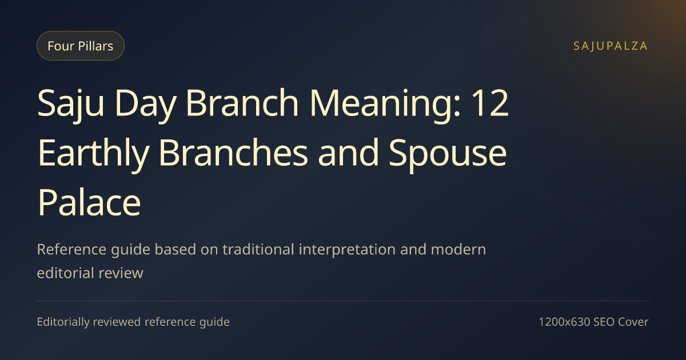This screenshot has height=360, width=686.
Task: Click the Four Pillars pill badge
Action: (x=81, y=46)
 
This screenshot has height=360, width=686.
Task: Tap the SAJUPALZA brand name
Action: (x=611, y=46)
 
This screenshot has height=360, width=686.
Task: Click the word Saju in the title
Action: (x=71, y=103)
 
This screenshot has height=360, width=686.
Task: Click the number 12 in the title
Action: (x=490, y=103)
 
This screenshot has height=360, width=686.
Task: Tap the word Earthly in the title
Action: (x=93, y=154)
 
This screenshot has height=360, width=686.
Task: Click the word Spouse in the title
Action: (x=448, y=154)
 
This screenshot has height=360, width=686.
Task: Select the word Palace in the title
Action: (x=89, y=202)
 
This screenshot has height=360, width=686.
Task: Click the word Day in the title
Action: (x=145, y=104)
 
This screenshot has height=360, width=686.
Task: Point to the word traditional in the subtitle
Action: (x=258, y=249)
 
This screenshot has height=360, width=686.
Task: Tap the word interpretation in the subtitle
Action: (x=347, y=250)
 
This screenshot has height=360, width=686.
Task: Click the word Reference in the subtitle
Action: (x=71, y=249)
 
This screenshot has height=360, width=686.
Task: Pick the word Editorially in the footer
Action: (x=63, y=322)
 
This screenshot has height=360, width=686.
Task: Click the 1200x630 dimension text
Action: (x=564, y=322)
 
